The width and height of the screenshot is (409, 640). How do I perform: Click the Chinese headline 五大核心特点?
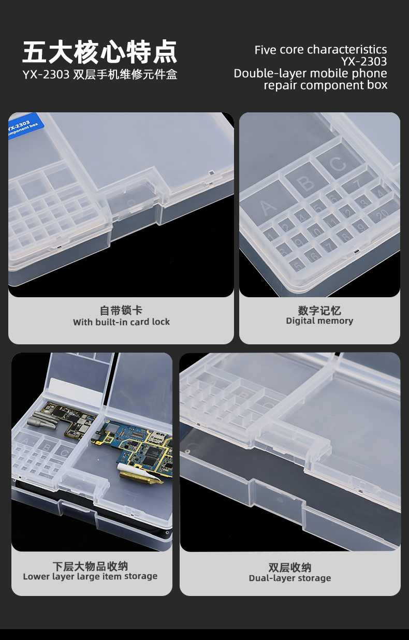pyautogui.click(x=100, y=52)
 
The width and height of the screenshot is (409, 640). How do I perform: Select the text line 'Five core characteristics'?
pyautogui.click(x=320, y=50)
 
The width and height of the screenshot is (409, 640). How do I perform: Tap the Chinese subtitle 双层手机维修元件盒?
pyautogui.click(x=125, y=75)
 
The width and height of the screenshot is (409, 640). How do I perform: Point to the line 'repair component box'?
pyautogui.click(x=325, y=85)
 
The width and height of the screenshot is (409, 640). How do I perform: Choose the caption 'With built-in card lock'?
pyautogui.click(x=121, y=322)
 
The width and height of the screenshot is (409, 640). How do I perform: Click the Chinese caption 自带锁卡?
pyautogui.click(x=121, y=310)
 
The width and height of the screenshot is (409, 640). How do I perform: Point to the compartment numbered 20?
pyautogui.click(x=382, y=213)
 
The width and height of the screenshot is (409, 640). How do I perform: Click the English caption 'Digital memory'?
pyautogui.click(x=319, y=321)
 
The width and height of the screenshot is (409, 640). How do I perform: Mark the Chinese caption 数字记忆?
pyautogui.click(x=319, y=310)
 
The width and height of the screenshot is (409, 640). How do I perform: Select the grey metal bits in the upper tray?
pyautogui.click(x=43, y=420)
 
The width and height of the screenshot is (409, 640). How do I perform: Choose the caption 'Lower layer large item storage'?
pyautogui.click(x=90, y=576)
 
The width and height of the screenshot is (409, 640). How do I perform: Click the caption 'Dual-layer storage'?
pyautogui.click(x=290, y=578)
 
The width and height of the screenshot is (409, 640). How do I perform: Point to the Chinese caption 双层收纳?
pyautogui.click(x=290, y=568)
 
